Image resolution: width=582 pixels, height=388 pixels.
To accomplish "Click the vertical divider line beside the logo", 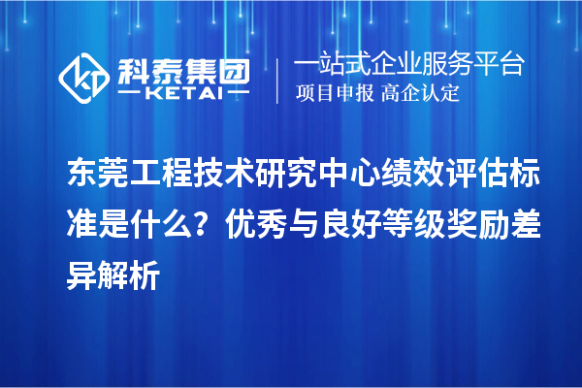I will [x=278, y=79].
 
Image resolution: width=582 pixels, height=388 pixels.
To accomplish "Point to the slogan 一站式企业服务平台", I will [x=408, y=65].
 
